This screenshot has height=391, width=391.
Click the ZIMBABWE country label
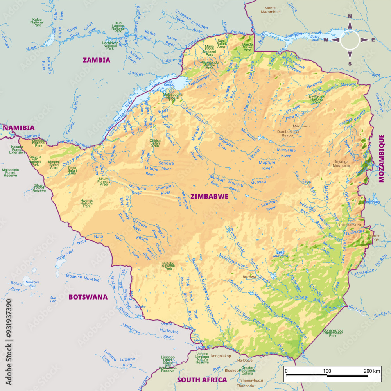coord(209,196)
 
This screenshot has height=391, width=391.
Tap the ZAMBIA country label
coord(96,60)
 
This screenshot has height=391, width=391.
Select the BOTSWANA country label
coord(88,297)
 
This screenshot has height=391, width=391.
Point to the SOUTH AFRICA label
coord(202,380)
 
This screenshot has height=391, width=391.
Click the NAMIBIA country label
coord(19,127)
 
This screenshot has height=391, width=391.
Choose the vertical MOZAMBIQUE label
coord(382,158)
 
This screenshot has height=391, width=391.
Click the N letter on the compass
coord(350,17)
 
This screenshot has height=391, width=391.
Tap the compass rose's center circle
coord(350,40)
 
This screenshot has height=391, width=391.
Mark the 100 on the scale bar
coord(327,371)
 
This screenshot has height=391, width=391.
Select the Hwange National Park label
coord(87,203)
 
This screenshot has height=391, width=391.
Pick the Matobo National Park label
coord(168,266)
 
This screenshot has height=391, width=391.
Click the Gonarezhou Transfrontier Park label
coord(333,333)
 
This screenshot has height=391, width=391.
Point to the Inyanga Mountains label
coord(342,163)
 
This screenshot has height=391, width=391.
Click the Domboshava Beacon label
coord(288,133)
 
